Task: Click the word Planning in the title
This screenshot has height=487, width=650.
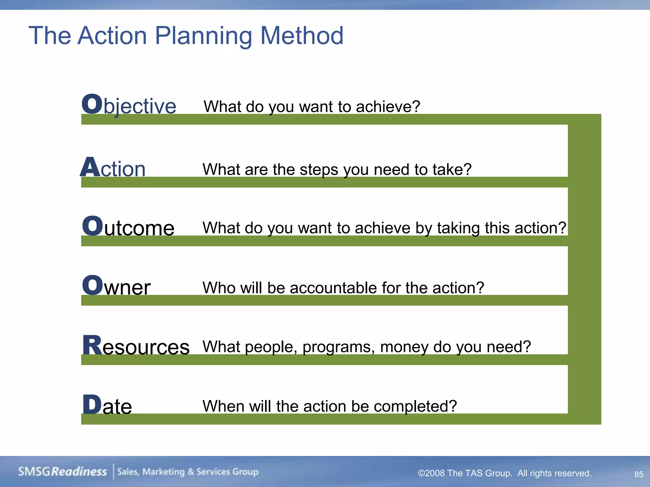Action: pyautogui.click(x=203, y=36)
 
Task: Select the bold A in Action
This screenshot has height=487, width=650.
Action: pyautogui.click(x=90, y=167)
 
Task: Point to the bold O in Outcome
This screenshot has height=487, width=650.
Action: pyautogui.click(x=92, y=226)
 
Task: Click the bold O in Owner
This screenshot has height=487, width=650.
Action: pyautogui.click(x=92, y=285)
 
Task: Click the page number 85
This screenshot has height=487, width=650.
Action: pyautogui.click(x=639, y=474)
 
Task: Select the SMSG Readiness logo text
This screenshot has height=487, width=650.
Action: pyautogui.click(x=63, y=472)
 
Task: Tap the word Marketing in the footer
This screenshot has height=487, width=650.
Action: pyautogui.click(x=163, y=472)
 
